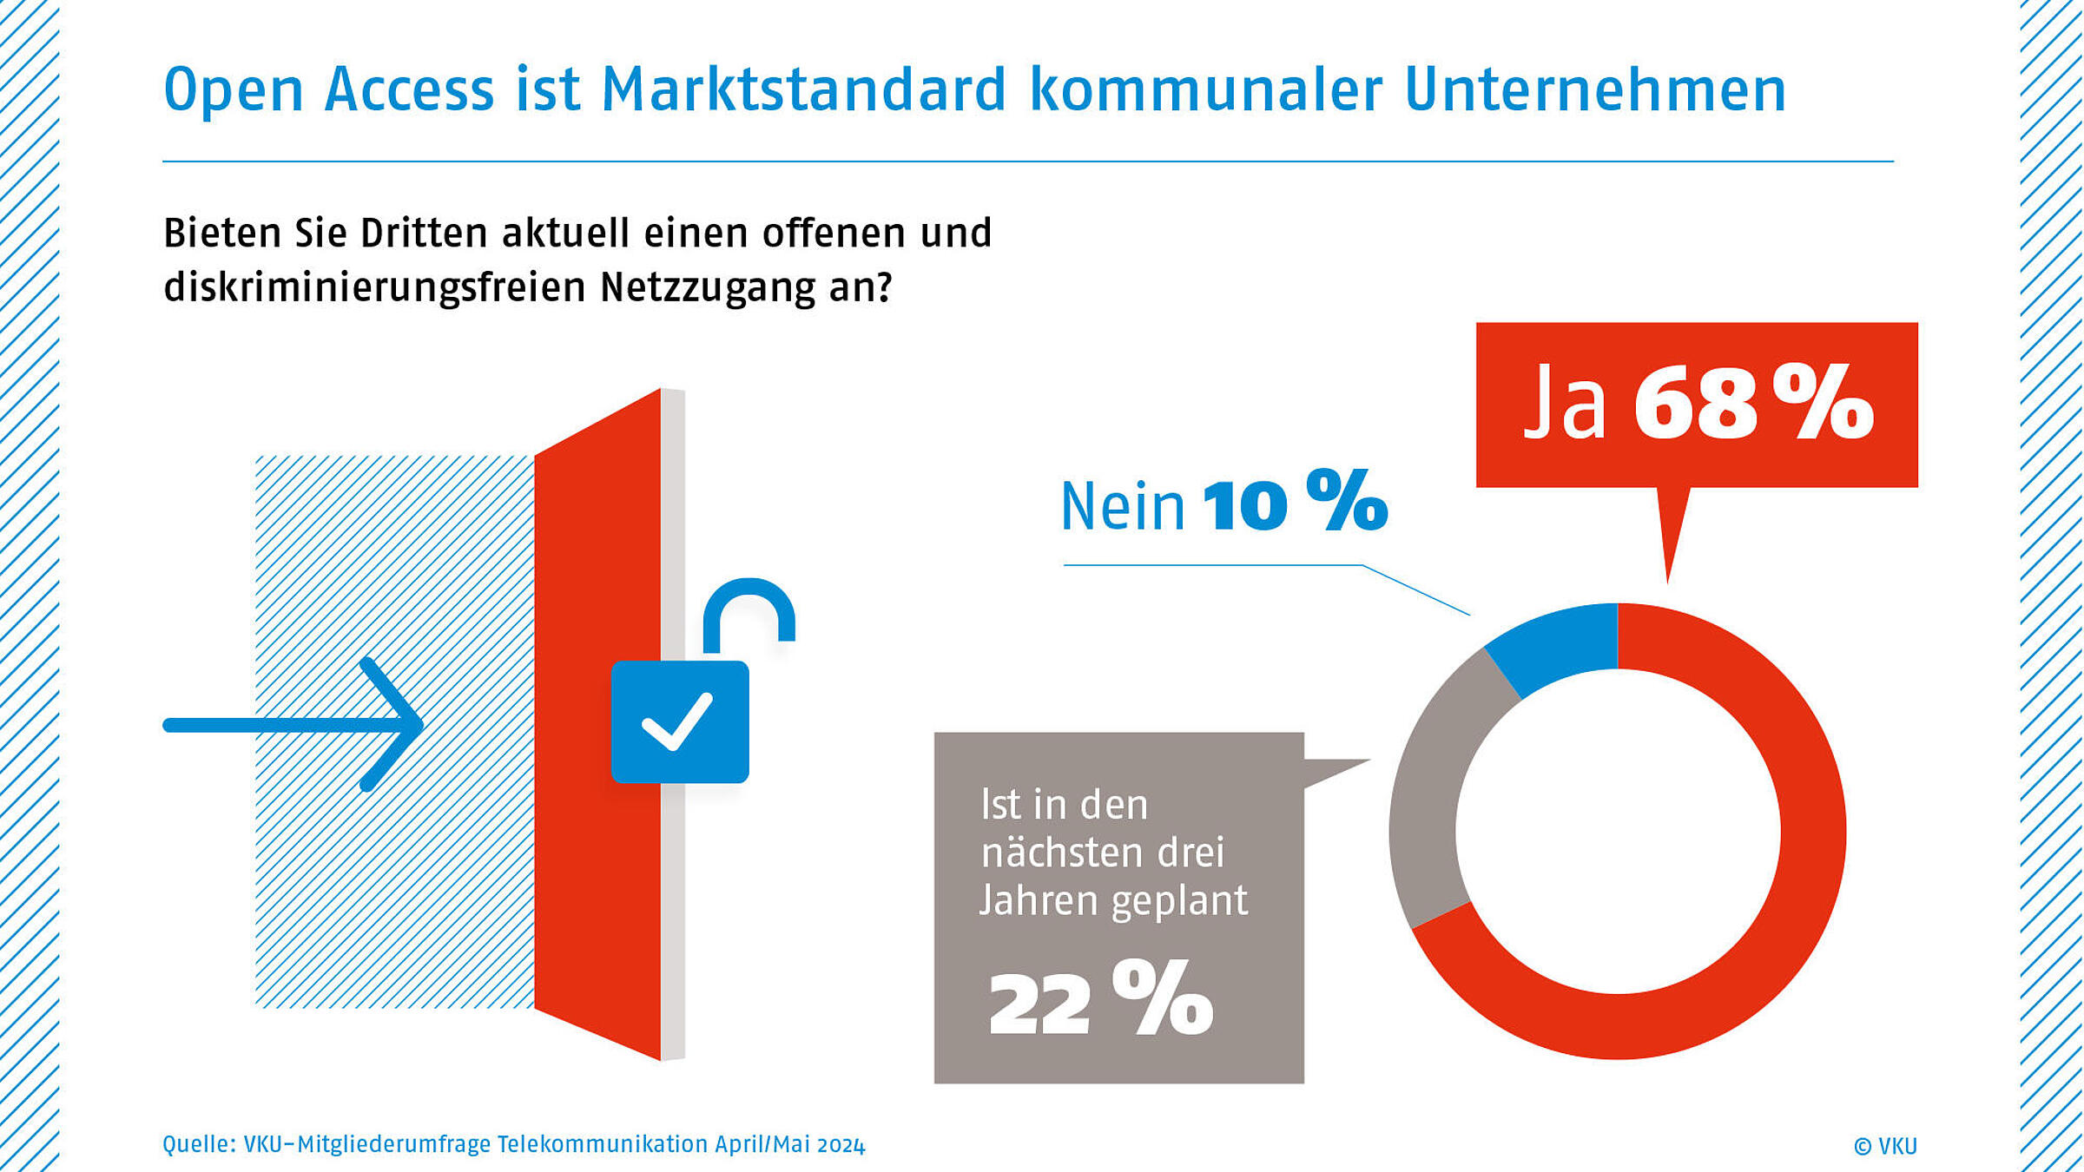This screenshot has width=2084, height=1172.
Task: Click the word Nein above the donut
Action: [x=1123, y=507]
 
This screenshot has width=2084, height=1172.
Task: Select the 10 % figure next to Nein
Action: [x=1294, y=502]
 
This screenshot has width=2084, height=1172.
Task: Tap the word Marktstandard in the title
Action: [x=803, y=89]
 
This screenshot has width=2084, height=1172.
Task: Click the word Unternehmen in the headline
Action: [x=1594, y=89]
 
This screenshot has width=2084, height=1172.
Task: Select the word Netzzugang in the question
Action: [x=708, y=287]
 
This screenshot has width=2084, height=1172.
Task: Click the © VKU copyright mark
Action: [x=1885, y=1146]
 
